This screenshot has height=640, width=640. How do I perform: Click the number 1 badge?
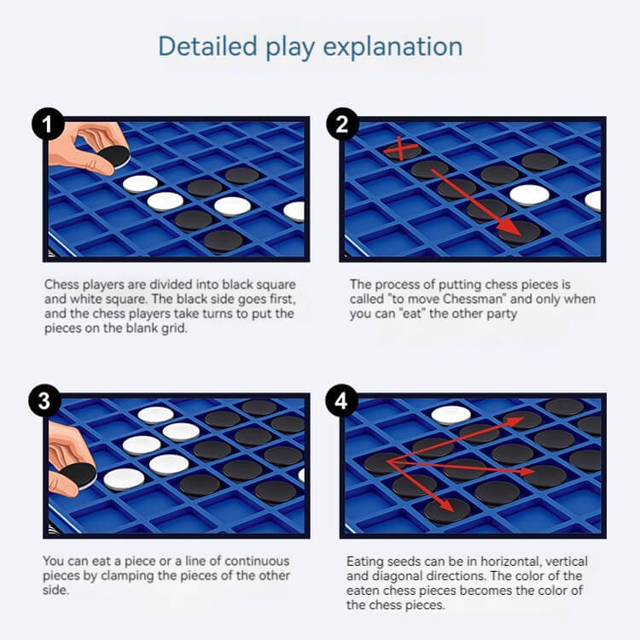click(48, 124)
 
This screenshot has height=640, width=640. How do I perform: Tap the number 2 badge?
click(342, 124)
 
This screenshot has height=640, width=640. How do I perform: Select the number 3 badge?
click(45, 400)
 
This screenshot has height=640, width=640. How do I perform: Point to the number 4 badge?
click(341, 400)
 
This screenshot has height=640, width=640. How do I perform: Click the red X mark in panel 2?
click(401, 148)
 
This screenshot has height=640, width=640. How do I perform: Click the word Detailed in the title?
click(207, 46)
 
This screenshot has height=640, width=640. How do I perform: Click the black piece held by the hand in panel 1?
click(114, 157)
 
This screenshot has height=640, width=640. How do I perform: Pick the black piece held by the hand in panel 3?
click(79, 475)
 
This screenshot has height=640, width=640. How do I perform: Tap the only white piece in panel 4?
click(451, 415)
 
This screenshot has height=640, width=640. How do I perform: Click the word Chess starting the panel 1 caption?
click(61, 284)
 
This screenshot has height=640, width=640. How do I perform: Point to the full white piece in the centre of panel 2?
click(529, 195)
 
